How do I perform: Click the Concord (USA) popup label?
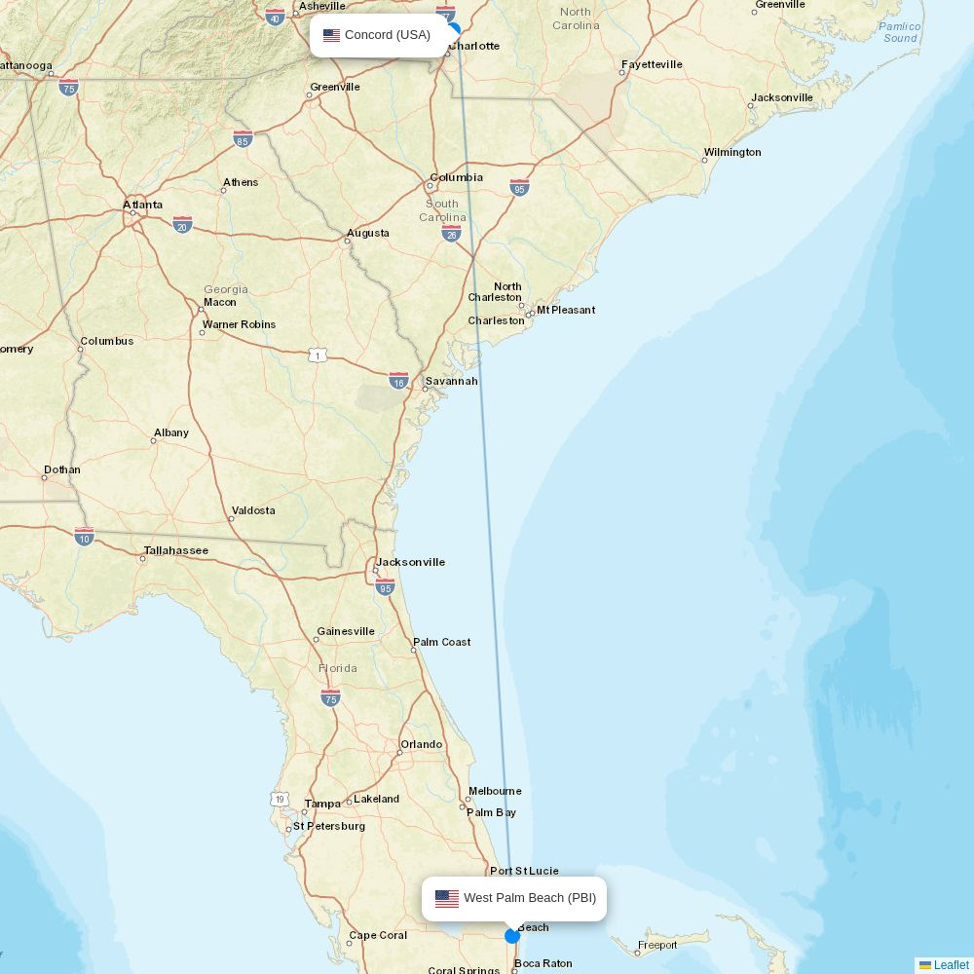387,35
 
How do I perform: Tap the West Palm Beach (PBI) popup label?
529,898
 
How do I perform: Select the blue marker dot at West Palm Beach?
512,936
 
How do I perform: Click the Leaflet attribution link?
951,965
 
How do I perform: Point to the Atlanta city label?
143,205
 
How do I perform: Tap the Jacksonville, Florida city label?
410,562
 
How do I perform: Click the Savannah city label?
451,381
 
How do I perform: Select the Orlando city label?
421,744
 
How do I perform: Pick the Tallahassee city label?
175,550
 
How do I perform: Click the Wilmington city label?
732,152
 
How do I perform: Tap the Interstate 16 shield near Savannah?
398,380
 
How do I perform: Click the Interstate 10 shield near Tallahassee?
85,537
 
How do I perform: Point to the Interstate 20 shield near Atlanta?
182,224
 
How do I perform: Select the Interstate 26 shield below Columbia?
451,234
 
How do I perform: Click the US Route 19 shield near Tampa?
281,799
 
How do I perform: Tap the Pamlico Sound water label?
900,32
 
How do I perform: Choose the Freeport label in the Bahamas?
656,945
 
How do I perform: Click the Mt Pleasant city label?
566,310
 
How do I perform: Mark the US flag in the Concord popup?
332,35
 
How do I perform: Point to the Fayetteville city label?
652,64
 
